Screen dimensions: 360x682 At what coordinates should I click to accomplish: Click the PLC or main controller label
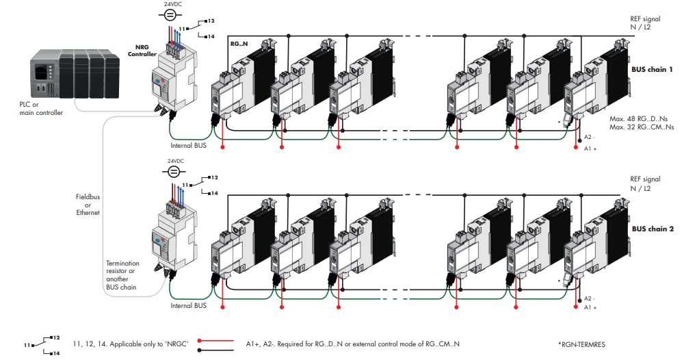point(41,108)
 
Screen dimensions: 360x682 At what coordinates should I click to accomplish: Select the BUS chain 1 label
point(653,70)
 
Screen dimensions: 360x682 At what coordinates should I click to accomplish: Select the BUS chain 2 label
point(653,229)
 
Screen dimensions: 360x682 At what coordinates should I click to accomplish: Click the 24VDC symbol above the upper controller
point(174,16)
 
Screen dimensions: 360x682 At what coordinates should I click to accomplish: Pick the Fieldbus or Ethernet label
point(88,204)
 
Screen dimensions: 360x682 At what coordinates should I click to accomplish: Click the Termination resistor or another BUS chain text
point(122,274)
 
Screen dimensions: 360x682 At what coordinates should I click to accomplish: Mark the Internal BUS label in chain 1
point(188,145)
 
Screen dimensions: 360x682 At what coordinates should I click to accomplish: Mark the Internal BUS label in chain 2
point(188,305)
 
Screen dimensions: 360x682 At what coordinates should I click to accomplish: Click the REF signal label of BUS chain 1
point(645,23)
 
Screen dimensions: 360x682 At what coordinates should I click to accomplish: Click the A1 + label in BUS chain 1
point(589,148)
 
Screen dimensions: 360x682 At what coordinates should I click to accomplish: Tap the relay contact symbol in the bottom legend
point(44,344)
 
